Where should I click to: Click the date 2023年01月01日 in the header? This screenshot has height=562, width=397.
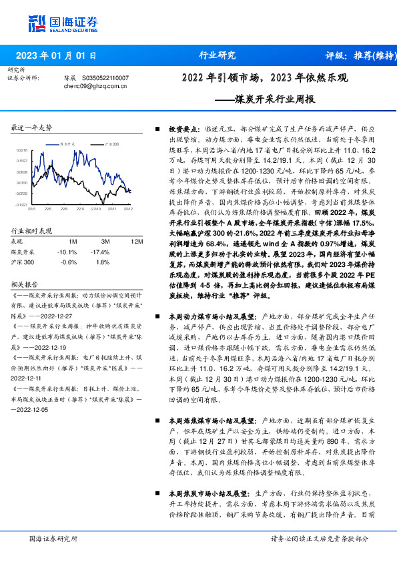[x=57, y=56]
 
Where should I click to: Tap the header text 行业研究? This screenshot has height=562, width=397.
[x=218, y=55]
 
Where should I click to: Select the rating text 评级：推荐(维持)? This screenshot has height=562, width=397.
[x=353, y=56]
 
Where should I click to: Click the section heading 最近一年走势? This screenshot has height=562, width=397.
[x=31, y=127]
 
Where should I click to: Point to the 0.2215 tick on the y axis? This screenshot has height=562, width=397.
[x=23, y=150]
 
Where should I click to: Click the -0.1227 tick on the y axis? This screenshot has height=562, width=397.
[x=22, y=205]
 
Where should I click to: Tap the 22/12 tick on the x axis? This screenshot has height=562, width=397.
[x=127, y=209]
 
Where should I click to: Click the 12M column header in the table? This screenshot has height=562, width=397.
[x=136, y=241]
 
